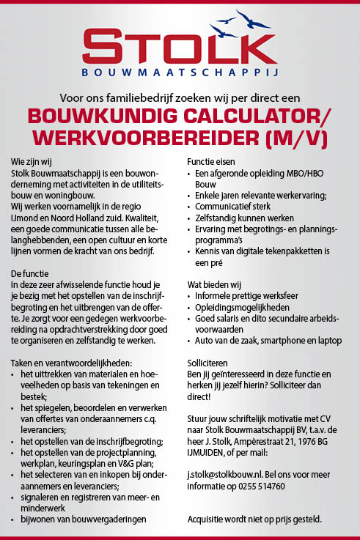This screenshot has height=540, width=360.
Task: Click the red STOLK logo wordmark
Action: point(180,46)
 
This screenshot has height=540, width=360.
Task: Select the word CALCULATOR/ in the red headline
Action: point(255,117)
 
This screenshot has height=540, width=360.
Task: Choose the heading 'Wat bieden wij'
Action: point(213,284)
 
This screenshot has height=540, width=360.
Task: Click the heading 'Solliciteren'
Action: point(209,363)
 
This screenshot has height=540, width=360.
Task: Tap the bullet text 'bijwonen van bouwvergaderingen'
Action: point(83,519)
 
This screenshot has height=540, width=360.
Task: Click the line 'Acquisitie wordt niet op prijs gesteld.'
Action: point(254,519)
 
